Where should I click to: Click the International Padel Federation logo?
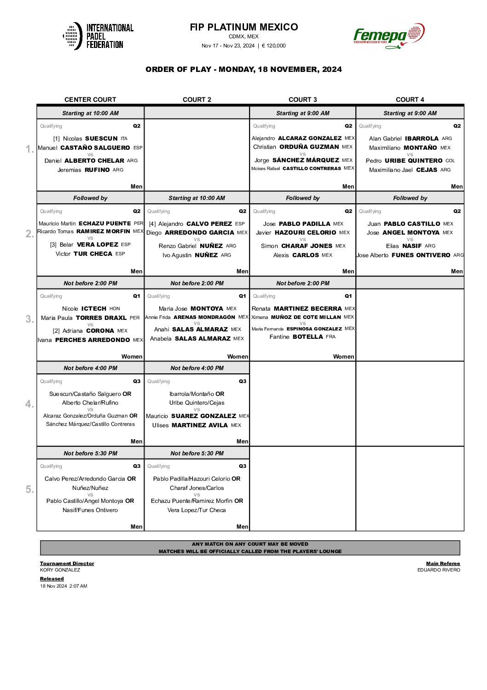click(x=98, y=36)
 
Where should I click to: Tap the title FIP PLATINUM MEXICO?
click(x=243, y=27)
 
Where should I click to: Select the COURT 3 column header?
click(x=302, y=100)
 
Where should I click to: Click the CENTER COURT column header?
click(x=90, y=100)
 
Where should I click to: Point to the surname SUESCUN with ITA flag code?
click(x=101, y=139)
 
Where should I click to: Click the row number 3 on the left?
click(x=29, y=319)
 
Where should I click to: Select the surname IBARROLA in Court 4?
click(x=422, y=139)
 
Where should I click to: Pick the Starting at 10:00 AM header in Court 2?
click(x=197, y=198)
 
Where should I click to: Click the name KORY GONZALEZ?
click(x=60, y=570)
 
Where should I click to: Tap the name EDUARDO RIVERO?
click(x=438, y=570)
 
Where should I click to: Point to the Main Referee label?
click(x=443, y=563)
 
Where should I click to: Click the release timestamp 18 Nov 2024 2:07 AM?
click(x=64, y=586)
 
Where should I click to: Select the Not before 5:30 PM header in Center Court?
click(x=90, y=454)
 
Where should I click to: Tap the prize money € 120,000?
click(x=273, y=46)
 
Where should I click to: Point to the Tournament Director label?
click(x=67, y=563)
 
